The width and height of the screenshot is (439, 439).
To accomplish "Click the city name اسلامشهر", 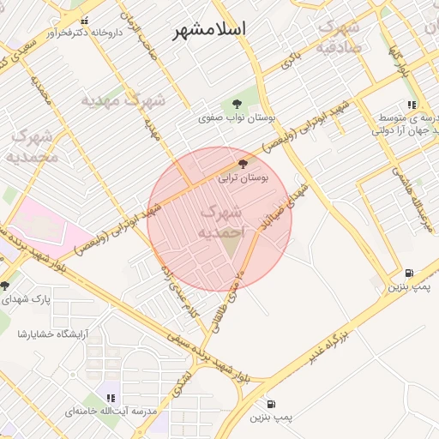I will (x=210, y=29).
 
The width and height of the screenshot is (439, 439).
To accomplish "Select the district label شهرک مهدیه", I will (x=123, y=100).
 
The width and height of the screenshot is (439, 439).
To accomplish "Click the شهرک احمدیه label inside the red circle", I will (x=220, y=221).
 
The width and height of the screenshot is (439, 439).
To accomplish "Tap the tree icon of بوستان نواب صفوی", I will (x=238, y=102).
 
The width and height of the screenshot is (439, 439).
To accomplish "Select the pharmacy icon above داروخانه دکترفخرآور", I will (x=84, y=19).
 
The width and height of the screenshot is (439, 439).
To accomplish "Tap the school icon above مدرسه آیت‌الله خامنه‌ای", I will (x=111, y=397).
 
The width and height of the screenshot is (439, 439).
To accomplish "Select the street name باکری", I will (x=292, y=59).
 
